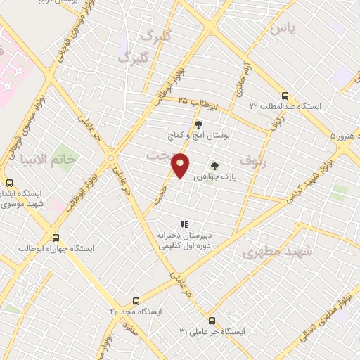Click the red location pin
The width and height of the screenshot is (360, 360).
pos(181,166)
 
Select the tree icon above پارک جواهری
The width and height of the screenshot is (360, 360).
pos(214,166)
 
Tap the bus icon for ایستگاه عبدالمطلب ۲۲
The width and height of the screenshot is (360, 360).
pos(285,95)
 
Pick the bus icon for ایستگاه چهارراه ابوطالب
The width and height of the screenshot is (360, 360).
pos(56,237)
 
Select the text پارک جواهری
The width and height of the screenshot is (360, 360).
pos(236,179)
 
